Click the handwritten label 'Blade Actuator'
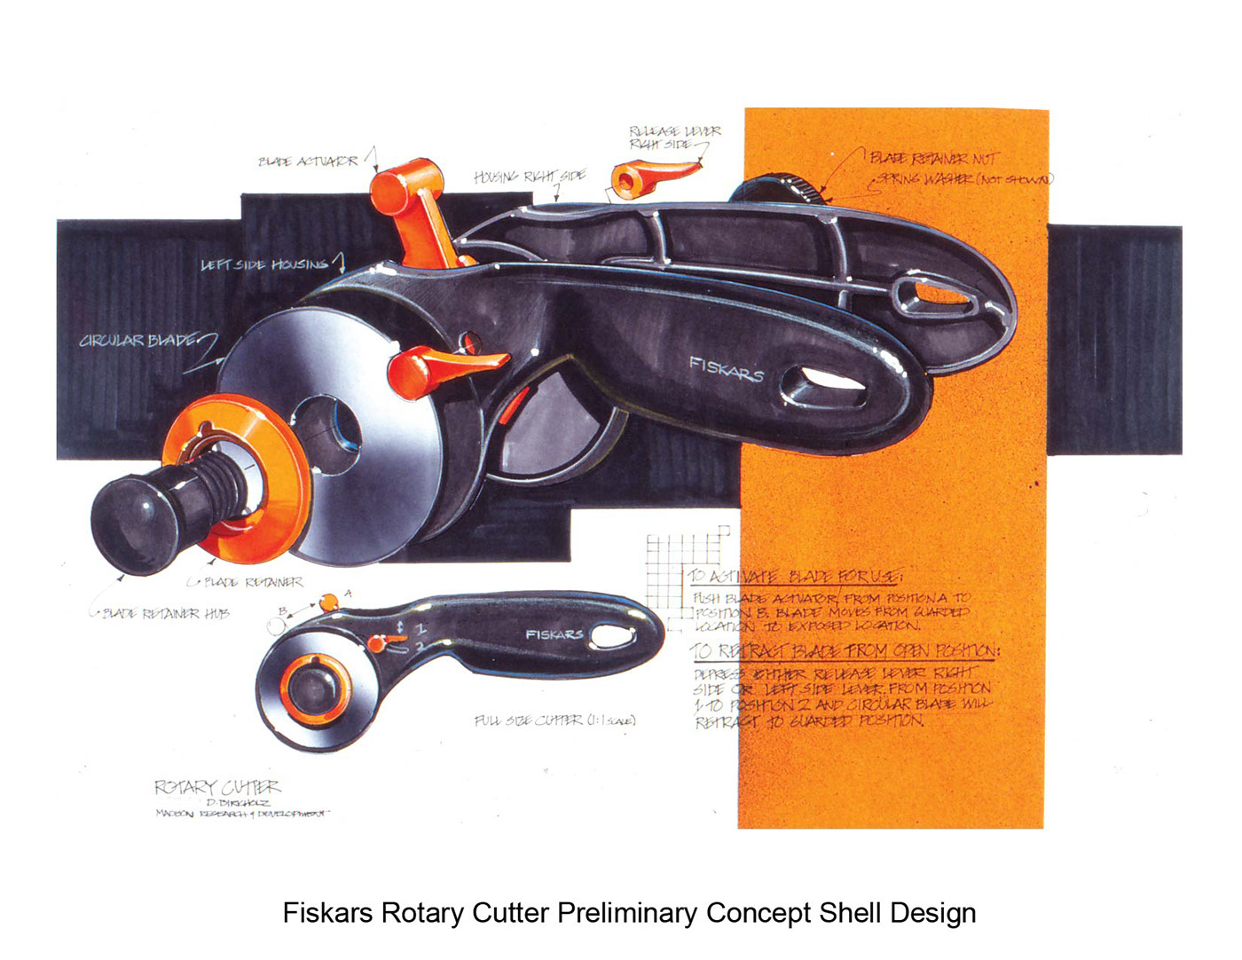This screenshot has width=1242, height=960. pos(308,161)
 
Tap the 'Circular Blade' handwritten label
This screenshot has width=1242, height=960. pos(138,341)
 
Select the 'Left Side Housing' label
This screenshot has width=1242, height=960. pos(264,264)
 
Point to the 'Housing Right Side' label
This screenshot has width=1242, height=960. pos(529,177)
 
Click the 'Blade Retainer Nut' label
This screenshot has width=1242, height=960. pos(933,159)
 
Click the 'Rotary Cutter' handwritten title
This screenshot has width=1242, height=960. pos(217,787)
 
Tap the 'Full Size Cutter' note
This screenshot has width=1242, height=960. pos(554,720)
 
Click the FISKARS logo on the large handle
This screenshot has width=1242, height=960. pos(727,368)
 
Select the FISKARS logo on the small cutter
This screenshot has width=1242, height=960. pos(554,634)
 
